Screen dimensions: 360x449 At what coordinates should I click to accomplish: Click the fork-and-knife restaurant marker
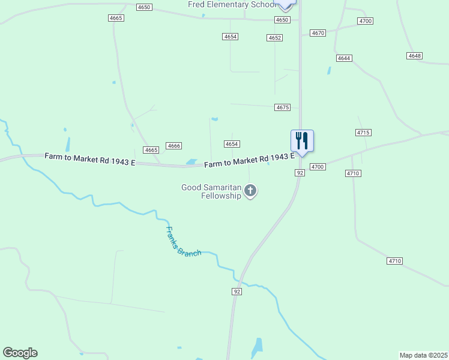click(302, 141)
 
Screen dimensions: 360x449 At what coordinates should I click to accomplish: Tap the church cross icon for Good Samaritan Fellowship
click(251, 191)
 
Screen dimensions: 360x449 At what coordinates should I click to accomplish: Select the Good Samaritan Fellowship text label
click(211, 191)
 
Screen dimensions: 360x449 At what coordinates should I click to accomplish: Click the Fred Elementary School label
click(231, 5)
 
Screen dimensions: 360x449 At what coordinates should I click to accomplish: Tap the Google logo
click(20, 352)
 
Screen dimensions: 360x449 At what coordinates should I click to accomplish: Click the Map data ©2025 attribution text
click(423, 355)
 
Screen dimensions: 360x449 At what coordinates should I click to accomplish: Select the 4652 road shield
click(275, 38)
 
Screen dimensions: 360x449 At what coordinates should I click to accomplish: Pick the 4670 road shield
click(318, 33)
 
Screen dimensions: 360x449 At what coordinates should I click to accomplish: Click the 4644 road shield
click(344, 58)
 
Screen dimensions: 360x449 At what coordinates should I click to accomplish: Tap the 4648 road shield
click(414, 56)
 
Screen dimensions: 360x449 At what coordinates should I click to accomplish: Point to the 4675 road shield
click(283, 107)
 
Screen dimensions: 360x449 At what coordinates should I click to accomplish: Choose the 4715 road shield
click(363, 132)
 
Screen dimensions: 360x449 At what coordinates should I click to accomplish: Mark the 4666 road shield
click(174, 146)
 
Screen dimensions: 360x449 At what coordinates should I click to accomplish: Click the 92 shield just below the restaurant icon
click(300, 173)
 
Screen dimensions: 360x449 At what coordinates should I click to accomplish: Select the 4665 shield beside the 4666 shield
click(151, 149)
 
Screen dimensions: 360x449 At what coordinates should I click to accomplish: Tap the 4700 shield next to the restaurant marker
click(318, 166)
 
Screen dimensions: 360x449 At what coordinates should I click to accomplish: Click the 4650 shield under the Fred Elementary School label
click(282, 20)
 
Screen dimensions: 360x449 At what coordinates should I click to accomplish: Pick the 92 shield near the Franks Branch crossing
click(237, 292)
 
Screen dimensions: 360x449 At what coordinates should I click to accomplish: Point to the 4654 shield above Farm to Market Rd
click(232, 144)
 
